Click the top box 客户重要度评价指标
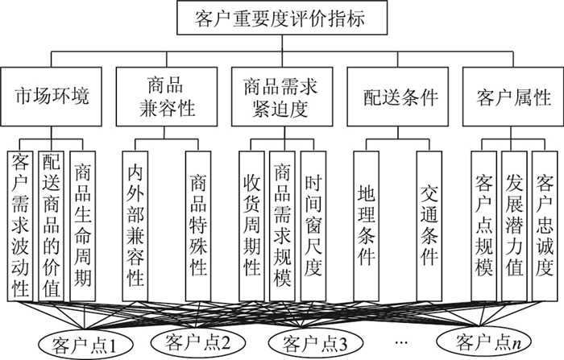(x=281, y=17)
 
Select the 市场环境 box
(x=52, y=97)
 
